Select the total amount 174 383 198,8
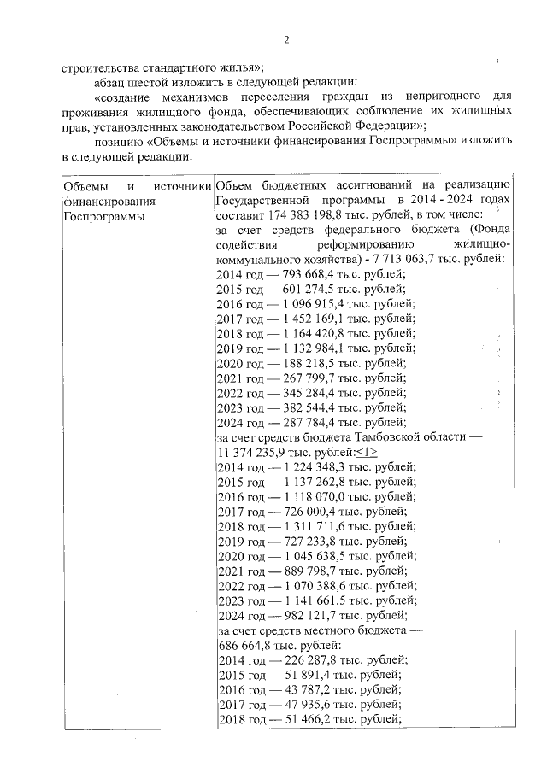coord(291,213)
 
